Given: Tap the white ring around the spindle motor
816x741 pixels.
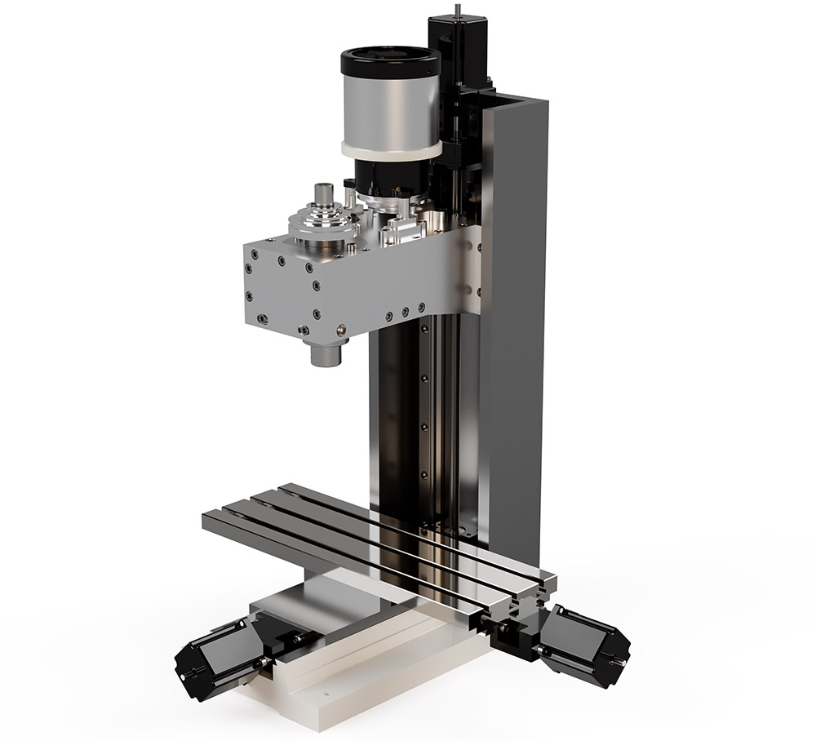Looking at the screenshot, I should pos(390,150).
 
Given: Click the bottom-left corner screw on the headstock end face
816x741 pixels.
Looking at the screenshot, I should pos(260,319).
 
